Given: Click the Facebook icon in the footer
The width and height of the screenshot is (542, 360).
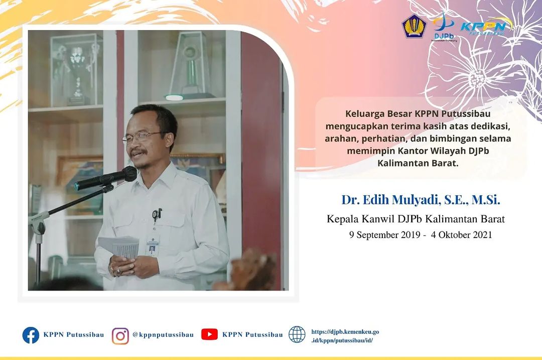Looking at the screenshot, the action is coord(31,335).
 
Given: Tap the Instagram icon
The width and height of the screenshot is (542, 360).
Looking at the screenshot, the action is coord(120,336).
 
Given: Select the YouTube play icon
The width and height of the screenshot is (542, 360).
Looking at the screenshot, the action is coord(209,334).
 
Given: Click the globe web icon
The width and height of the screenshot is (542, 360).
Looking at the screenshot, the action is coord(297,334).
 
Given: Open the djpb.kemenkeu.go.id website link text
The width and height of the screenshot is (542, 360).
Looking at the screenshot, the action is coord(345,336).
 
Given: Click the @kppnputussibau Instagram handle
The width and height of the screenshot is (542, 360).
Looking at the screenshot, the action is coord(163,335).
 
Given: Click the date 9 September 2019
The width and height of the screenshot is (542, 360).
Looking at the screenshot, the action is coord(384,235).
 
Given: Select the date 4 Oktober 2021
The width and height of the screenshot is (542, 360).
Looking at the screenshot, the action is coord(461,235).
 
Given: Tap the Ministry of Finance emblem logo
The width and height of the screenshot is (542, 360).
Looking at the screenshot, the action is coord(414,26).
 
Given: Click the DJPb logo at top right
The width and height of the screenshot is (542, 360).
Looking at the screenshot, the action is coord(444,27).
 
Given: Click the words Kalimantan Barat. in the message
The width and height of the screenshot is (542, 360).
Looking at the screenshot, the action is coord(418,163).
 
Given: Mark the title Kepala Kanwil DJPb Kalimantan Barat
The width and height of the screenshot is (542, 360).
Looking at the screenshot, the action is coord(416,219).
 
